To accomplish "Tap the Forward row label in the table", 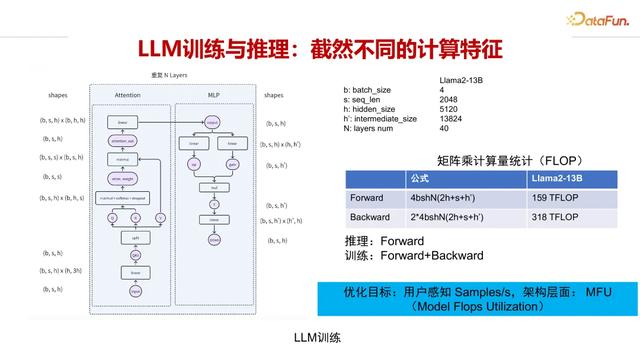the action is pyautogui.click(x=367, y=198).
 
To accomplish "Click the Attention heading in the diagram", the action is pyautogui.click(x=128, y=95).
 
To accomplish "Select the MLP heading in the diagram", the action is pyautogui.click(x=213, y=95).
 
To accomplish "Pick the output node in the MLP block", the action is pyautogui.click(x=213, y=122).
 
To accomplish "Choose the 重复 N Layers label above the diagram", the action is pyautogui.click(x=168, y=76).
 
